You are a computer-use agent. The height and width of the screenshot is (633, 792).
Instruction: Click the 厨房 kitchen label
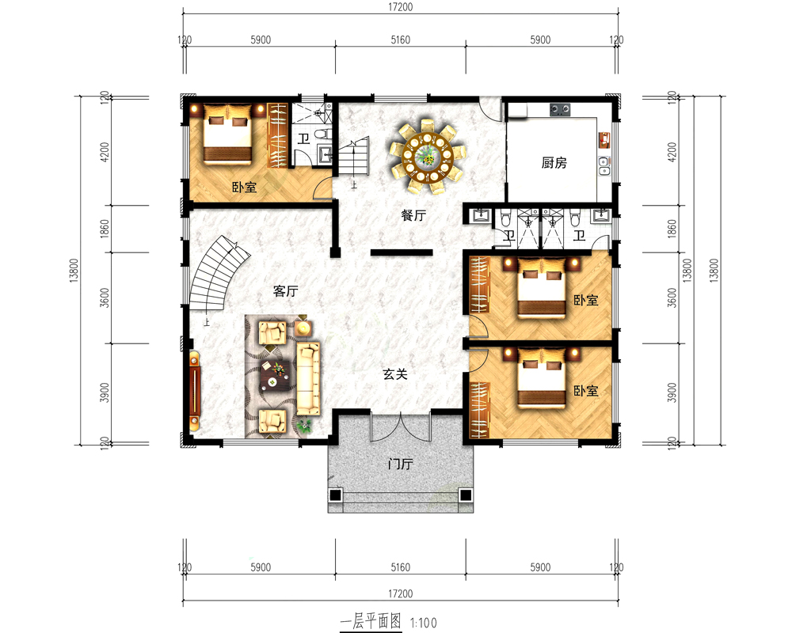pyautogui.click(x=554, y=162)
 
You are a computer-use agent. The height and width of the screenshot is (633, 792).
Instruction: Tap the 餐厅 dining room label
pyautogui.click(x=413, y=215)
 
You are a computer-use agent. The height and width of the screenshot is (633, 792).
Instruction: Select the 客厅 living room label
pyautogui.click(x=285, y=291)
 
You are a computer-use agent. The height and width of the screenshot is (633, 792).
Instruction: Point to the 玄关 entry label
pyautogui.click(x=395, y=374)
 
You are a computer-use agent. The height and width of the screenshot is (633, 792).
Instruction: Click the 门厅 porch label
pyautogui.click(x=401, y=464)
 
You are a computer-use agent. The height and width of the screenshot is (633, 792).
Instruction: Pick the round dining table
pyautogui.click(x=428, y=157)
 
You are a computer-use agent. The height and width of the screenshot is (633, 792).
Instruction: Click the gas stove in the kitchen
pyautogui.click(x=560, y=109)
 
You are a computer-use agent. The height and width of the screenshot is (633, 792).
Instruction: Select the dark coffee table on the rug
pyautogui.click(x=275, y=376)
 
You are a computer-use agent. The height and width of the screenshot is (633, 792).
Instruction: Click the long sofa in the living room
pyautogui.click(x=308, y=378)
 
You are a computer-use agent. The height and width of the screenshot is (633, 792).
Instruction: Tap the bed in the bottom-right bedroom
pyautogui.click(x=542, y=377)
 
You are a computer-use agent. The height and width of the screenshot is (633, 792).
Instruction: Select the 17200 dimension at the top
pyautogui.click(x=401, y=7)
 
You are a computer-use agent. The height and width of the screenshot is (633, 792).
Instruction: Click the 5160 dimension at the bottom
pyautogui.click(x=401, y=567)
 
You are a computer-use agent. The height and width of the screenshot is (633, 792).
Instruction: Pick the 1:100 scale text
pyautogui.click(x=423, y=623)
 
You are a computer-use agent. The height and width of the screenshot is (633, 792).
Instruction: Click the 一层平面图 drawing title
pyautogui.click(x=371, y=621)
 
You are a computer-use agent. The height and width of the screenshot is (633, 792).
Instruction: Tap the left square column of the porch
pyautogui.click(x=335, y=495)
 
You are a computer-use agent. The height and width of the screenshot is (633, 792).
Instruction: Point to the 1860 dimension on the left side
pyautogui.click(x=105, y=229)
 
